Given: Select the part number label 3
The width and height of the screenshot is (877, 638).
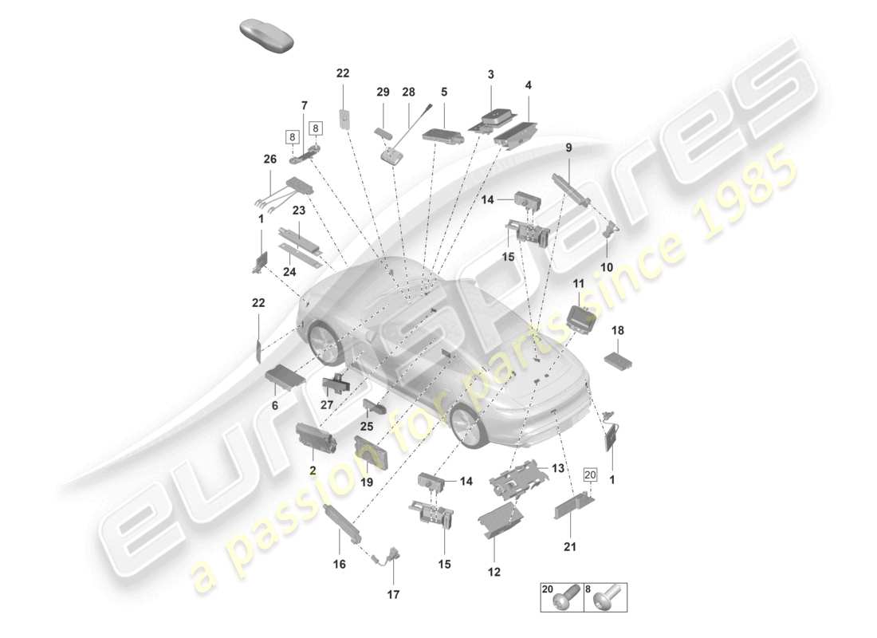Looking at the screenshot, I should [491, 74].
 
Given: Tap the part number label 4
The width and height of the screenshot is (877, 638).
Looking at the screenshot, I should [528, 85].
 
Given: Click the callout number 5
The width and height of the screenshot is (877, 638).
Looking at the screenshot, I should [444, 92].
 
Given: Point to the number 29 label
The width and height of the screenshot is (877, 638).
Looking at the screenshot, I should [383, 92].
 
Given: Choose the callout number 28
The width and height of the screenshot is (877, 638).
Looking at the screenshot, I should [409, 92].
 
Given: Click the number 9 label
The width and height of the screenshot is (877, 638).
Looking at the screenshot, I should [568, 148].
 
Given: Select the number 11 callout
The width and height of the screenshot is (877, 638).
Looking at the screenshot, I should [579, 283].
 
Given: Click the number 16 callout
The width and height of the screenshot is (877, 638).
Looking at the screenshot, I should [340, 565].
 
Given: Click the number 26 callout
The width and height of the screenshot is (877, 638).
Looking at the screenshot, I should [270, 159].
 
